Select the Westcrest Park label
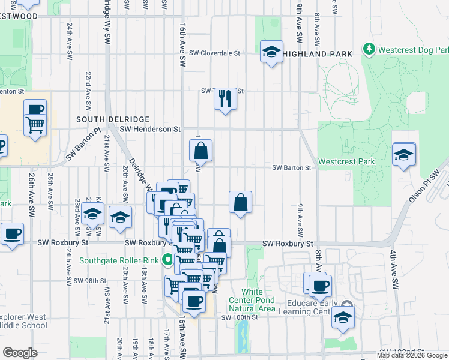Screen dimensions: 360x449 point(346,161)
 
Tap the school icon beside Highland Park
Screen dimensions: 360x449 point(271,52)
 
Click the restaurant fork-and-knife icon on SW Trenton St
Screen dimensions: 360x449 point(225,98)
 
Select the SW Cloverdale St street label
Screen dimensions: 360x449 point(214,53)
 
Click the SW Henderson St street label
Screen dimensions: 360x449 point(150,128)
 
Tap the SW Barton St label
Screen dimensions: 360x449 point(292,167)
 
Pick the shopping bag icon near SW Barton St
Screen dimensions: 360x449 point(202,151)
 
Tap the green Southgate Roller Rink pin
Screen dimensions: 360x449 point(167,260)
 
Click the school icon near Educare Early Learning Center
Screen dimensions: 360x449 point(343,317)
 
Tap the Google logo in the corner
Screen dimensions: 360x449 point(20,353)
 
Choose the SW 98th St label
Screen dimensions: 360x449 point(91,280)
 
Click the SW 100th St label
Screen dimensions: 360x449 point(238,317)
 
